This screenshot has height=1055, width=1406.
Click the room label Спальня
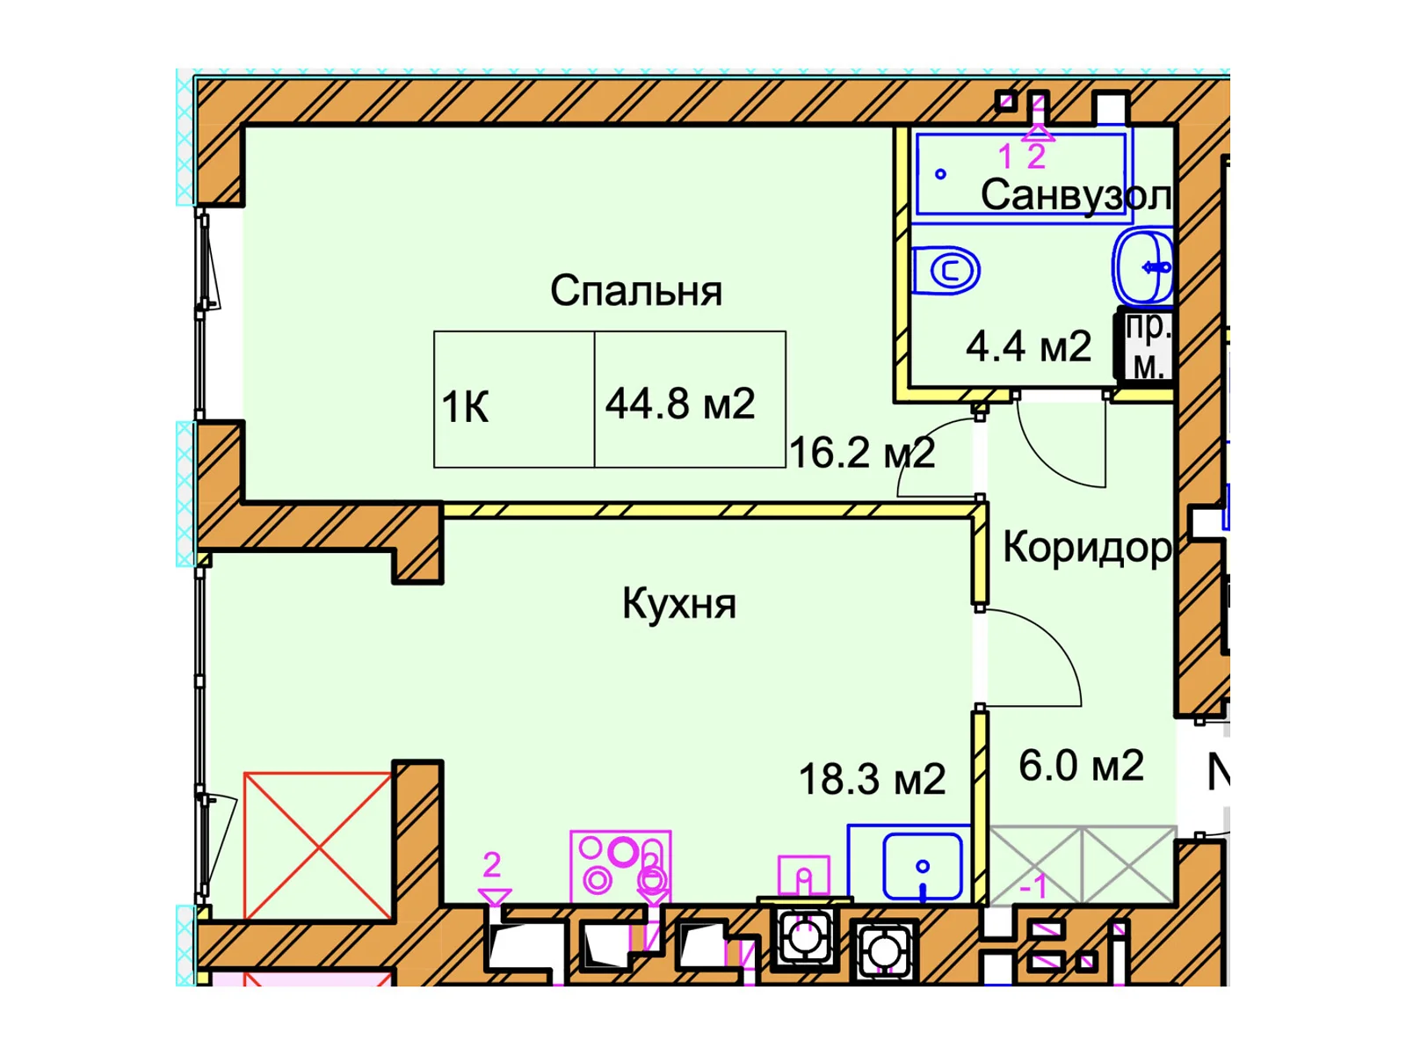pos(635,291)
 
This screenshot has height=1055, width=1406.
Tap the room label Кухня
pos(679,603)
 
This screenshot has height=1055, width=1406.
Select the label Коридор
pos(1087,549)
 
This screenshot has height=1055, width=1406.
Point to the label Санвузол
pos(1076,194)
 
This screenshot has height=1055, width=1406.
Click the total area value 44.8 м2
pos(680,404)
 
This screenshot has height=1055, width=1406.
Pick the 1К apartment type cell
pos(514,399)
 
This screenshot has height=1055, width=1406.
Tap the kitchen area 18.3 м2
pos(873,779)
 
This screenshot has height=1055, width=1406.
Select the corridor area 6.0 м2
pos(1081,765)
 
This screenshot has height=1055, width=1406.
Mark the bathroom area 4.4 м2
pos(1028,346)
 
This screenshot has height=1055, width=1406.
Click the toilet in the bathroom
pos(946,271)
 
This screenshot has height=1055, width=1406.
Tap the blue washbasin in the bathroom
pos(1144,266)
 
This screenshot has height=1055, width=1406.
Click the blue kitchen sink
pos(923,866)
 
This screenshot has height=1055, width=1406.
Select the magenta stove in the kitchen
pos(620,868)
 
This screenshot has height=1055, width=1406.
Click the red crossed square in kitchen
pos(318,846)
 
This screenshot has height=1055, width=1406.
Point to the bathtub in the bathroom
pos(1021,174)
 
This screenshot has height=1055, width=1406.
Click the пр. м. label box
pos(1148,348)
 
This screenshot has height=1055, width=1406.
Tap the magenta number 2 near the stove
pos(491,865)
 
